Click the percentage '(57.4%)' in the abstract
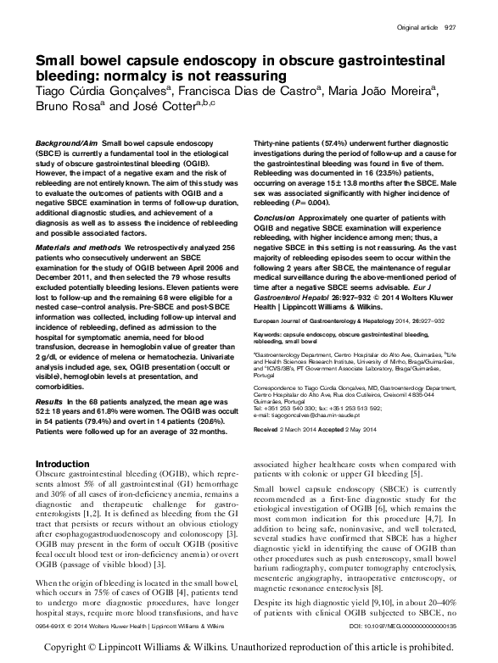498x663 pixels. tap(336, 146)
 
